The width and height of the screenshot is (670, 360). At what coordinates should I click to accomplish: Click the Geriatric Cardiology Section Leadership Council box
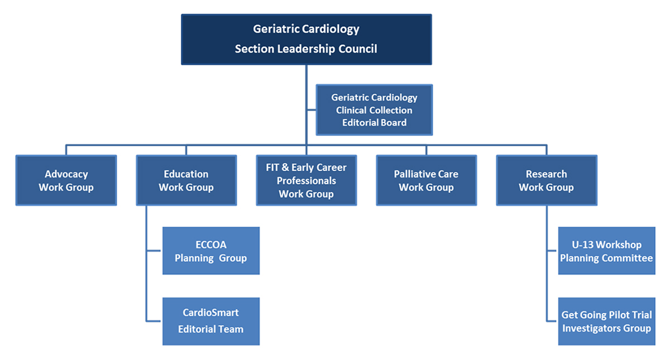(306, 39)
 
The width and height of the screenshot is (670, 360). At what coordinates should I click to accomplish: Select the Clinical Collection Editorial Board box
(374, 110)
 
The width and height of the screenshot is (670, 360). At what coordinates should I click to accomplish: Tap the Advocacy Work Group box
(66, 180)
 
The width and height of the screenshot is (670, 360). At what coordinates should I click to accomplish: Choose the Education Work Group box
(186, 180)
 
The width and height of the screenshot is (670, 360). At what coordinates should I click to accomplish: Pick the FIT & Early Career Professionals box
(306, 180)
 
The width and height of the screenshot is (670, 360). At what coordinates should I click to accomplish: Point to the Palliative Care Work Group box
(426, 180)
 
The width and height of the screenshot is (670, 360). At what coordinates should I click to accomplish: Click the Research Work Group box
(546, 180)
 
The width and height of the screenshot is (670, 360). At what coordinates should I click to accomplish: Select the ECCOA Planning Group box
(210, 251)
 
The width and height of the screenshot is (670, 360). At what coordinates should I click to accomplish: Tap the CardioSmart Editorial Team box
(210, 321)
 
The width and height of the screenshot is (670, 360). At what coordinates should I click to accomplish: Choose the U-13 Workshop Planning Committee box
(606, 251)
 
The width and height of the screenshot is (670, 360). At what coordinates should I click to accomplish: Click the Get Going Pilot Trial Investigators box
(606, 321)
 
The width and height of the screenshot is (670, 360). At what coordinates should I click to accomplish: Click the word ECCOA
(211, 244)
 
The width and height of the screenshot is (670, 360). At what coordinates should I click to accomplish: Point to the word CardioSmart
(210, 313)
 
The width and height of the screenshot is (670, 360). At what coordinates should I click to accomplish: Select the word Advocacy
(66, 174)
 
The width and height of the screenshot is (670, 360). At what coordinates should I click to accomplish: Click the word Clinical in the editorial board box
(351, 110)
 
